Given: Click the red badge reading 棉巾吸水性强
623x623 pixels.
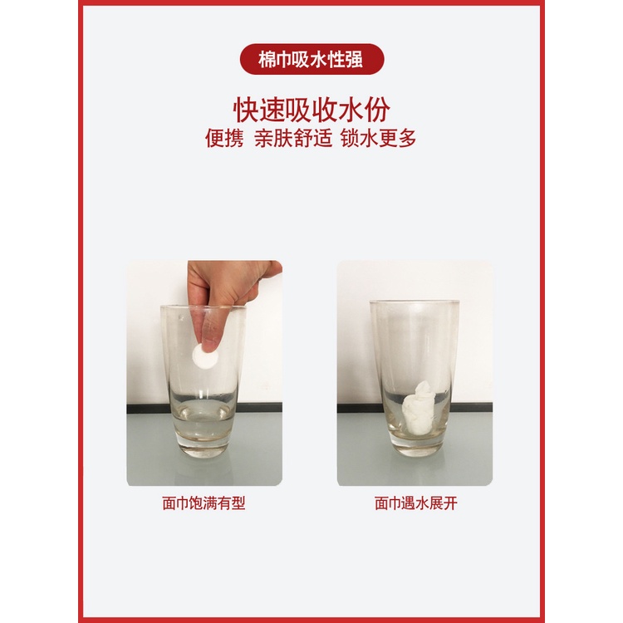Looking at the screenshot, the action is (311, 59).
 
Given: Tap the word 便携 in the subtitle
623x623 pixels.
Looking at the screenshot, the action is (224, 138).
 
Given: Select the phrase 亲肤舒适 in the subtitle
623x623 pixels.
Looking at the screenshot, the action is (293, 138).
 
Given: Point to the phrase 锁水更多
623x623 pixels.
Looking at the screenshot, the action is (379, 138).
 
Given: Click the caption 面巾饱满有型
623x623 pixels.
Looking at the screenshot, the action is (204, 503).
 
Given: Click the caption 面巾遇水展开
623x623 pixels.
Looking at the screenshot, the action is (416, 503).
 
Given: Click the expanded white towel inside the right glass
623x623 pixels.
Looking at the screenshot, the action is (418, 409).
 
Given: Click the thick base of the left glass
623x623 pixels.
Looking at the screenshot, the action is (204, 446).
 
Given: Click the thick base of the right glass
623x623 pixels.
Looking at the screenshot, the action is (416, 445).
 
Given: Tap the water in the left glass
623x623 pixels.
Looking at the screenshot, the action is (204, 419).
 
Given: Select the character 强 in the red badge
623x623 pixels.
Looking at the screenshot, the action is (354, 60).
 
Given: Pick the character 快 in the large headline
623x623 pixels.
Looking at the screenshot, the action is (246, 110).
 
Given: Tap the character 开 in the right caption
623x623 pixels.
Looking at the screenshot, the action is (450, 503).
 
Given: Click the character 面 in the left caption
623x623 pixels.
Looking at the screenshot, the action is (169, 503).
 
